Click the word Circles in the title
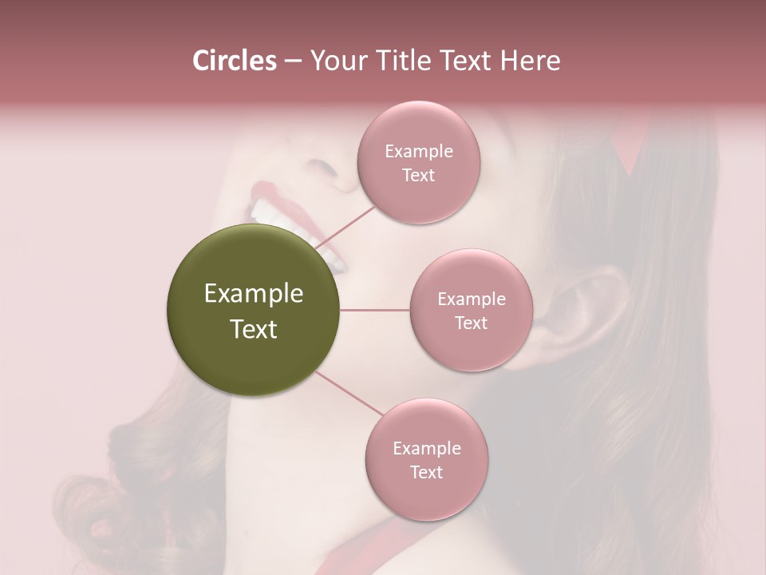[235, 61]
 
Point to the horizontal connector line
[375, 310]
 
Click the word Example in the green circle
[254, 294]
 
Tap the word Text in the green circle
[254, 329]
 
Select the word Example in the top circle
[419, 152]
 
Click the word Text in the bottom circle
[427, 472]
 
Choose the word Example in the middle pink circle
[472, 299]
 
